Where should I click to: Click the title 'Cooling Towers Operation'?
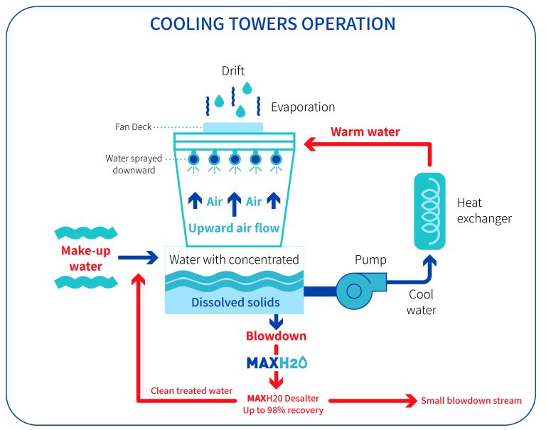[272, 23]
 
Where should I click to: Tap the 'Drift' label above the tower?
[233, 71]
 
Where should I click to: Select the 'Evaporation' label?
[302, 107]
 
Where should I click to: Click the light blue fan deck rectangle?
[233, 127]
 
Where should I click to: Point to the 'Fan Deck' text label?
[132, 127]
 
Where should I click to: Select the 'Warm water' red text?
[365, 131]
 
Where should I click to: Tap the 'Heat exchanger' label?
[483, 211]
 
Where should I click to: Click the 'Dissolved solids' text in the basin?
[235, 302]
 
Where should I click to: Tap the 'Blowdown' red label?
[276, 336]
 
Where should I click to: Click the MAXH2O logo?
[276, 362]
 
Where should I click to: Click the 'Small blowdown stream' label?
[471, 401]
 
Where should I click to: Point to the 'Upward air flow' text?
[233, 228]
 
